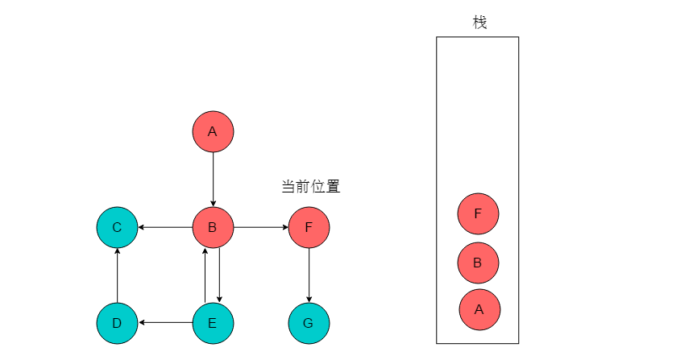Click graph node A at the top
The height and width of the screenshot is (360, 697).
click(213, 131)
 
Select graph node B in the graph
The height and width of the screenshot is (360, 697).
click(213, 228)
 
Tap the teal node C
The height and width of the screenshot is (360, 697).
click(118, 228)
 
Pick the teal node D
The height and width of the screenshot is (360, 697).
click(118, 323)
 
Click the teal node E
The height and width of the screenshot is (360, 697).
click(213, 323)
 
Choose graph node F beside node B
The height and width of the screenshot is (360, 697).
click(309, 228)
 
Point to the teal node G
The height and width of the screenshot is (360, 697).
click(309, 323)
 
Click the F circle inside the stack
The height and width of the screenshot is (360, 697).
click(479, 213)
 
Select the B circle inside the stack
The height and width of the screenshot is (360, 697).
click(479, 263)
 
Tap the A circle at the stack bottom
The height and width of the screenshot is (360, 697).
click(479, 310)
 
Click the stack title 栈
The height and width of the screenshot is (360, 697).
click(479, 22)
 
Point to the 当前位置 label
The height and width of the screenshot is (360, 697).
click(311, 186)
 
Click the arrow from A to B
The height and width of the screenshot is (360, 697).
click(213, 180)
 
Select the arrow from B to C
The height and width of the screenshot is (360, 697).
click(165, 228)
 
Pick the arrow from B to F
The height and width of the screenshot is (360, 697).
click(261, 228)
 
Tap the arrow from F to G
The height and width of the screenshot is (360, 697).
click(309, 275)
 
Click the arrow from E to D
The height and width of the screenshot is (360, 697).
click(165, 323)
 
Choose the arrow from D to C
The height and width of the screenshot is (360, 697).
click(118, 275)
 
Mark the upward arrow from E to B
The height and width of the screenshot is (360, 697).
click(205, 275)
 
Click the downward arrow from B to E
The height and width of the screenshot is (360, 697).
click(220, 275)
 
